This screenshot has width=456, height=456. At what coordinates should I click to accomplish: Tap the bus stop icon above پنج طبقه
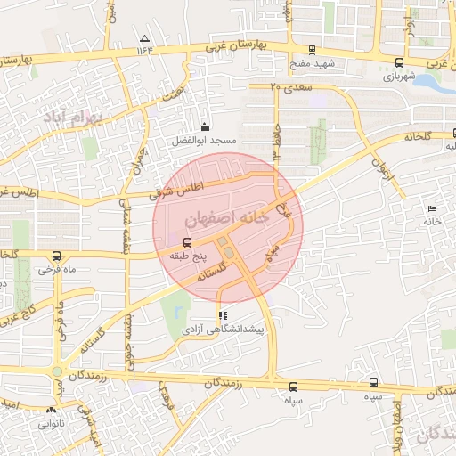coord(187,242)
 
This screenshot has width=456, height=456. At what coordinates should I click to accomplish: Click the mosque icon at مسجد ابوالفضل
coord(204,126)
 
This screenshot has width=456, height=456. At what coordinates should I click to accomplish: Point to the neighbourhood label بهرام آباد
coord(99,117)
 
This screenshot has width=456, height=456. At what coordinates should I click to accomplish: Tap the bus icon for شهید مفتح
coord(311,50)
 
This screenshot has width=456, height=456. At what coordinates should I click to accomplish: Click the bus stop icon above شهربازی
coord(398,63)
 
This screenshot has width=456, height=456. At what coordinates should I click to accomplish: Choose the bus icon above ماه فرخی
coord(57,256)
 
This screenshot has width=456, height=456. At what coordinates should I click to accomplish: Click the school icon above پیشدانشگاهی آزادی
coord(223,315)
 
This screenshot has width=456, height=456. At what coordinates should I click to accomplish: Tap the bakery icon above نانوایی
coord(51,411)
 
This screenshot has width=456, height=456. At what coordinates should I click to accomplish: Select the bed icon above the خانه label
coord(433,208)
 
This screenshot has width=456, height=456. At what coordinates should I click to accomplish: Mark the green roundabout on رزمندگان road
coord(59,372)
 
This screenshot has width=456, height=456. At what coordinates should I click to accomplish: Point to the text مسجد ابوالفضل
coord(205,142)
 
